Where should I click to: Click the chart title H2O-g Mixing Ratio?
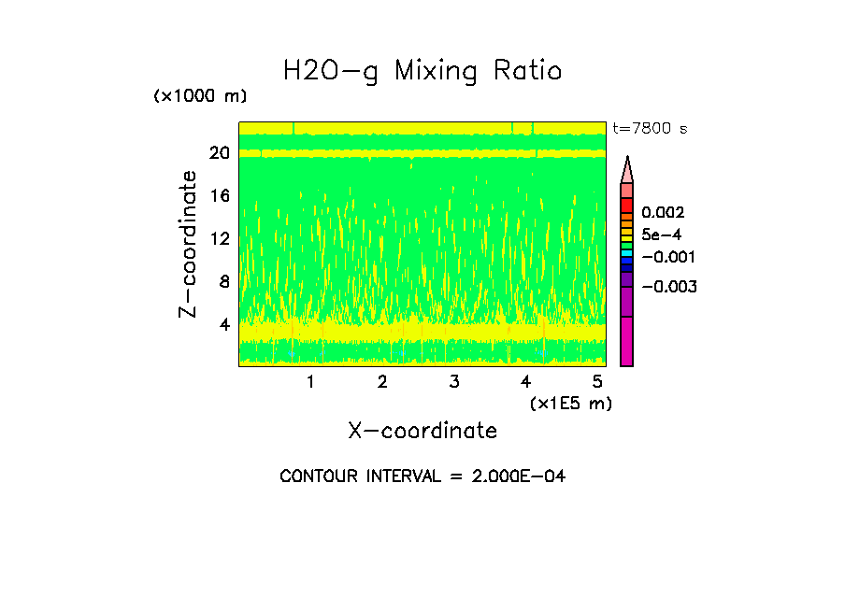pyautogui.click(x=422, y=71)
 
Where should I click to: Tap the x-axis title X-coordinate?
pyautogui.click(x=422, y=431)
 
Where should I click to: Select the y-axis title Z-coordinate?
pyautogui.click(x=189, y=244)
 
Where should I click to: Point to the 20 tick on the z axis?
pyautogui.click(x=219, y=153)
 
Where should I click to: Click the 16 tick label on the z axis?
pyautogui.click(x=219, y=196)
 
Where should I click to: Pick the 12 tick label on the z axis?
pyautogui.click(x=219, y=238)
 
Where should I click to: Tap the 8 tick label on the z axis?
pyautogui.click(x=223, y=281)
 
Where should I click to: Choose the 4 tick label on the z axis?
pyautogui.click(x=223, y=324)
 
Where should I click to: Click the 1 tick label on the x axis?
pyautogui.click(x=310, y=381)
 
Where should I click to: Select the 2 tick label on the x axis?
pyautogui.click(x=382, y=381)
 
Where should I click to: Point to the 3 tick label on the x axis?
pyautogui.click(x=453, y=381)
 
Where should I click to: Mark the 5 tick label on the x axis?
pyautogui.click(x=597, y=381)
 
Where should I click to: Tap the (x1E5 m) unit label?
pyautogui.click(x=570, y=404)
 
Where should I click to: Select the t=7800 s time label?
pyautogui.click(x=650, y=129)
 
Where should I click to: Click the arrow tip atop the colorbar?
pyautogui.click(x=627, y=160)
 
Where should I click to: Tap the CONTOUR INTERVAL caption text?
pyautogui.click(x=422, y=476)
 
